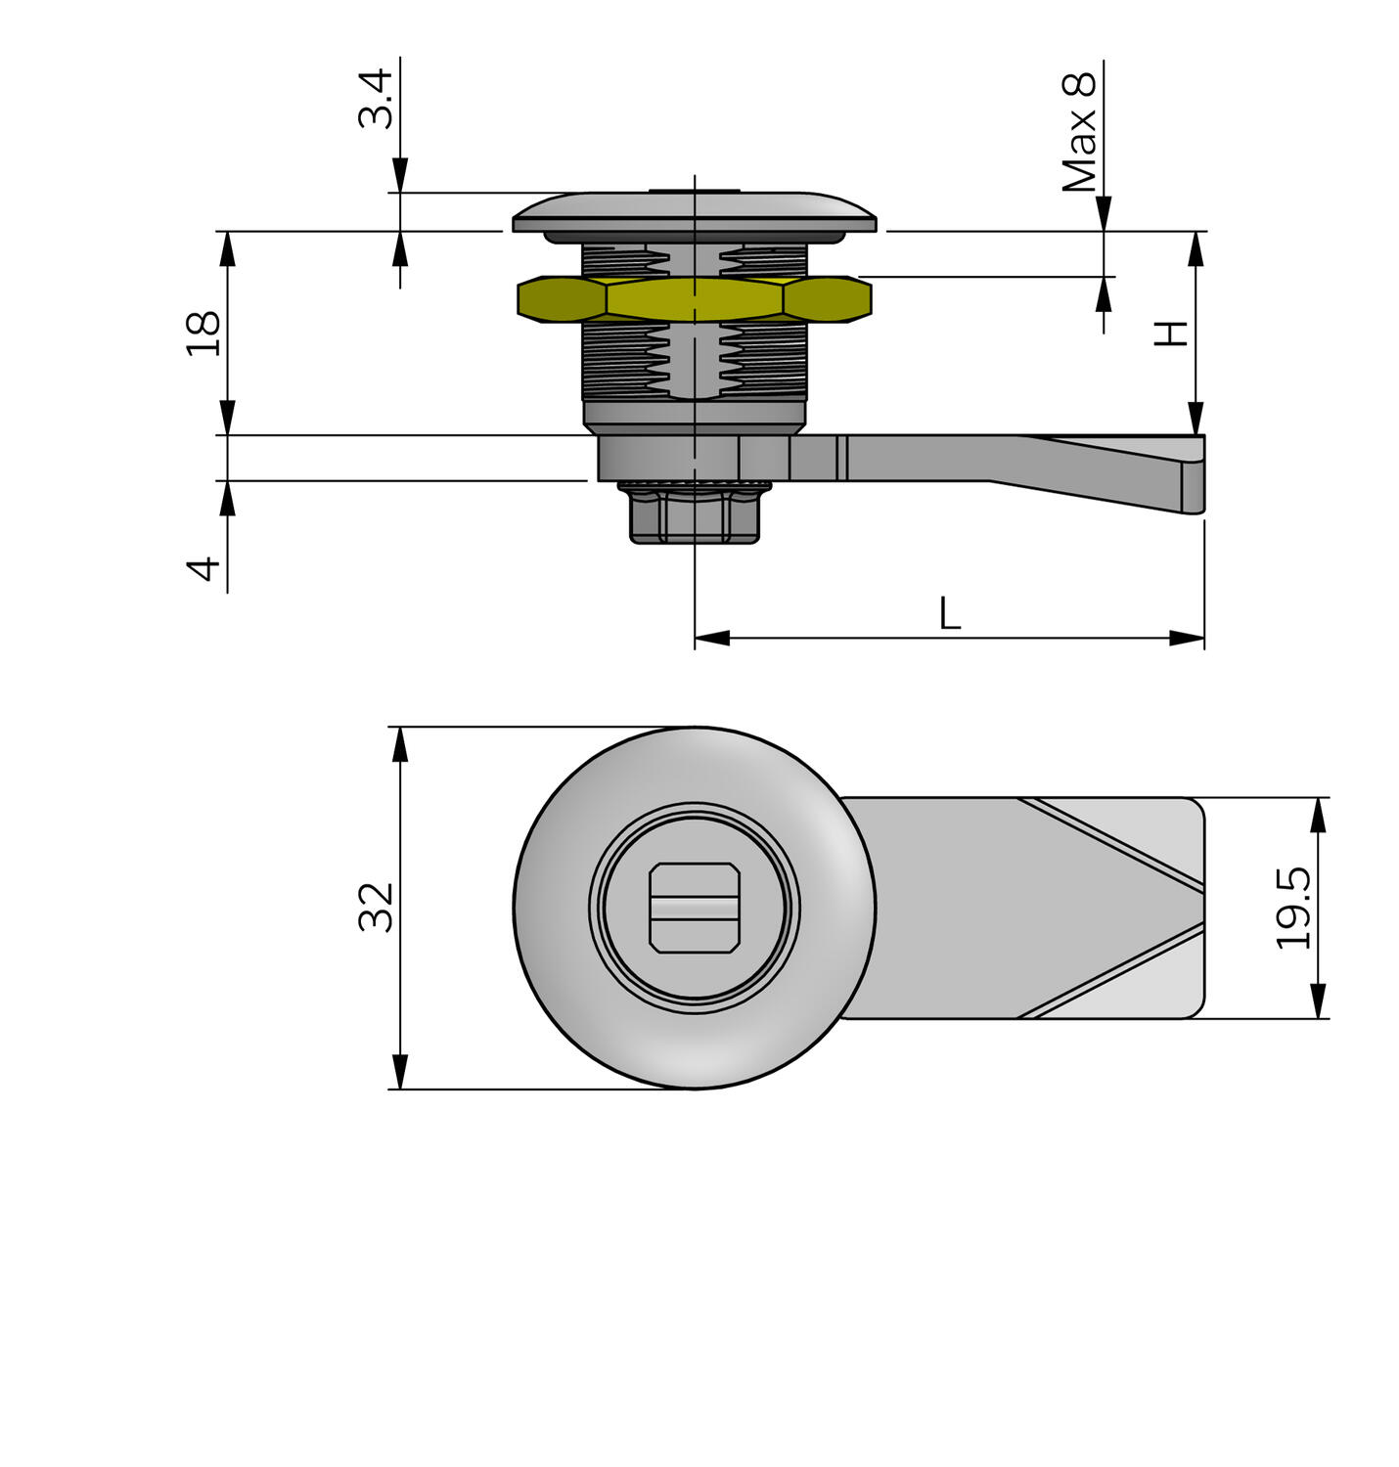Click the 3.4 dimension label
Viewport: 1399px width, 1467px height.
point(376,99)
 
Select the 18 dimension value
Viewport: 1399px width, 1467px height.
point(204,333)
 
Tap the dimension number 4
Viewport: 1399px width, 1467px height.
point(204,568)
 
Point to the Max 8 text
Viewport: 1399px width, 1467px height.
point(1080,131)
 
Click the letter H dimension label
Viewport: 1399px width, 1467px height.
point(1171,333)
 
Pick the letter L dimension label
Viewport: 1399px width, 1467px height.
point(949,614)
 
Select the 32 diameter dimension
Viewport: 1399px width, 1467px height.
point(377,907)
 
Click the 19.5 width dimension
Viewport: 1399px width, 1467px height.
point(1294,908)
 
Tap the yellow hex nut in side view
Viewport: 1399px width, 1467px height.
point(694,299)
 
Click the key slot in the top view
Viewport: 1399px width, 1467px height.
point(694,908)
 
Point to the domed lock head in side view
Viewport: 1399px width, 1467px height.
point(694,213)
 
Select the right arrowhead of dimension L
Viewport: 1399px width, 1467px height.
point(1188,639)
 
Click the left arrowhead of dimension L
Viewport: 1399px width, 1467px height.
point(712,639)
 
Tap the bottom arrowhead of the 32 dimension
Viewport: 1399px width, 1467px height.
point(399,1072)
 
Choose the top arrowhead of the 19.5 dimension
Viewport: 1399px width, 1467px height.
point(1318,814)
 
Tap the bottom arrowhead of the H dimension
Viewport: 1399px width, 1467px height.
point(1196,419)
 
